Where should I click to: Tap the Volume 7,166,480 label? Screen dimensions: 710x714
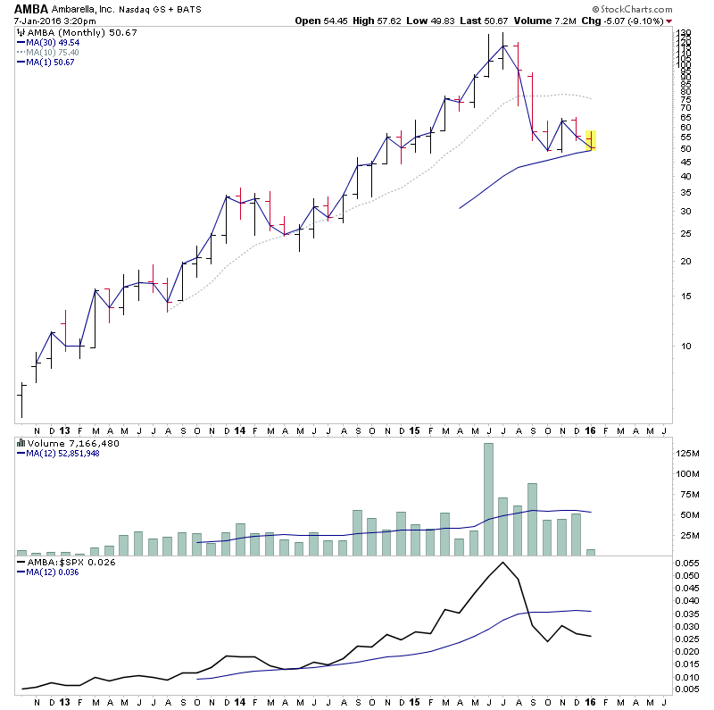(63, 443)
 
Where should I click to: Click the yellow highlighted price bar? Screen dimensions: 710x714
(591, 140)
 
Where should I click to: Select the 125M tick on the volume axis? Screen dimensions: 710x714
(690, 454)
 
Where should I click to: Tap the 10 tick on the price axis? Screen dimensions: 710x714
(685, 346)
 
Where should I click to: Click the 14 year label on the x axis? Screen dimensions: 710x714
(240, 430)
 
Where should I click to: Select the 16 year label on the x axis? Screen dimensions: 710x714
(590, 430)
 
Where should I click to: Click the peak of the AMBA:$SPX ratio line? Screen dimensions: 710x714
(503, 563)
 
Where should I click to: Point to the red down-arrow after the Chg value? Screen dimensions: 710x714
(669, 21)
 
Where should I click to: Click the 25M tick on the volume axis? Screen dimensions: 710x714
(690, 536)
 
